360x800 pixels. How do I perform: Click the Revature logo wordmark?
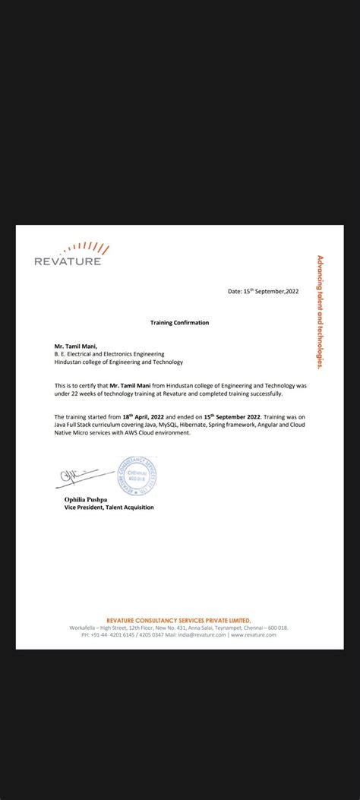(68, 262)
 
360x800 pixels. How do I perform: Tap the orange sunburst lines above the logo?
(87, 248)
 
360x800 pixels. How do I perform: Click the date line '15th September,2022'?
(264, 291)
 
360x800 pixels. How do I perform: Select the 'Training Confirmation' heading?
(179, 323)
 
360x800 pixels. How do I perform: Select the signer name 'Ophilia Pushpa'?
(90, 499)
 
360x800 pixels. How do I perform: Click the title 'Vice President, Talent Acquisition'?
(109, 508)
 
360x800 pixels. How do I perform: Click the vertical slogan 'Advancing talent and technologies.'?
(321, 311)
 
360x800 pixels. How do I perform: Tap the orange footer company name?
(178, 620)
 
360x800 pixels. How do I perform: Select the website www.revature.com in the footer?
(254, 635)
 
